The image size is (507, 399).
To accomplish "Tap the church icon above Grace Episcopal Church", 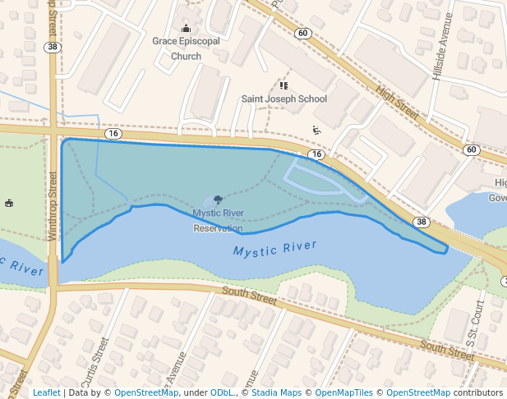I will pos(186,29).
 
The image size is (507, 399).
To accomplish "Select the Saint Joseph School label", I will pos(283,99).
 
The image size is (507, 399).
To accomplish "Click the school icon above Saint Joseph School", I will pos(284,85).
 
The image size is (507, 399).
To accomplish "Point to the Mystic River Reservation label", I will pos(218,220).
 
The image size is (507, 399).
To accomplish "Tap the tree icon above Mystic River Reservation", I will pos(218,199).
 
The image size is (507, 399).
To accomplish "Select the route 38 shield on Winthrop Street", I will pos(53,48).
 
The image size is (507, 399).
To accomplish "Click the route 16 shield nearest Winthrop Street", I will pos(113,133).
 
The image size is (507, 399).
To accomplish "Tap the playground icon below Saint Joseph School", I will pos(316,130).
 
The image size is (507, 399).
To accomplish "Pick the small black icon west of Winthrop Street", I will pos(9,203).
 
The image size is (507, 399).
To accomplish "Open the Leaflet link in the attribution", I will pos(46,392).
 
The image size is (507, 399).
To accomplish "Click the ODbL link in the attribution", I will pos(222,392).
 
